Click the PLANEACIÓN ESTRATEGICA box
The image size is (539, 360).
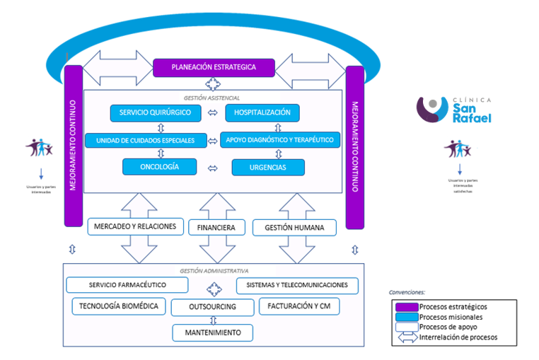[213, 67]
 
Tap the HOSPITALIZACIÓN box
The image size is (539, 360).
[262, 112]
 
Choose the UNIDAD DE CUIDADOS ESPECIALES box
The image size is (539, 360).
[146, 140]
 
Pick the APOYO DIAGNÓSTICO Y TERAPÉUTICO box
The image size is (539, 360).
[281, 140]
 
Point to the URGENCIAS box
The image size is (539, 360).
[268, 168]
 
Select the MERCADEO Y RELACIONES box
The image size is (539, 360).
[136, 227]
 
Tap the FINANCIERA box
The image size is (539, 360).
[216, 228]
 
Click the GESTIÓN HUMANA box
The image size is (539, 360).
[294, 228]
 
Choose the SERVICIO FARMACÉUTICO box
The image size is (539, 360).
[127, 285]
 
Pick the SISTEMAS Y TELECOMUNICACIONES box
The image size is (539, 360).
[297, 285]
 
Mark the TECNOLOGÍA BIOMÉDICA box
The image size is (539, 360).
[120, 306]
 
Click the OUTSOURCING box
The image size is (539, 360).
[213, 308]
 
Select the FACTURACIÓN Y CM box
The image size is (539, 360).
[300, 306]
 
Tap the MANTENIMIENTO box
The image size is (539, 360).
[212, 332]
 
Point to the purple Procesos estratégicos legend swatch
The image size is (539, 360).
[405, 306]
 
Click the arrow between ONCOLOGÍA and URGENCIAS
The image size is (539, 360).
[211, 168]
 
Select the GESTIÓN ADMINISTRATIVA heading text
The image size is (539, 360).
[213, 270]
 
